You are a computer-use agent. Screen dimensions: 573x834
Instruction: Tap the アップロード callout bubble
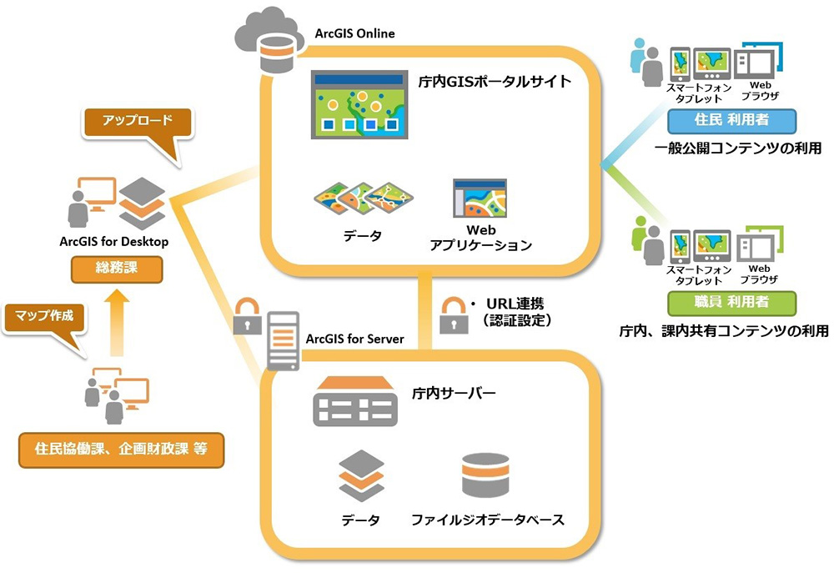137,120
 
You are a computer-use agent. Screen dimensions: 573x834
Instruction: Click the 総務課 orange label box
115,269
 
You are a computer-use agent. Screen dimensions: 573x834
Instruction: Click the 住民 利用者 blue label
731,119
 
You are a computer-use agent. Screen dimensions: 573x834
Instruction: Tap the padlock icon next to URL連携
451,309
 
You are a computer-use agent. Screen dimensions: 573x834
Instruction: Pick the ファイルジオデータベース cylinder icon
485,476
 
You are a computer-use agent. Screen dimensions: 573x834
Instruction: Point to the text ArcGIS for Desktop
114,242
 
